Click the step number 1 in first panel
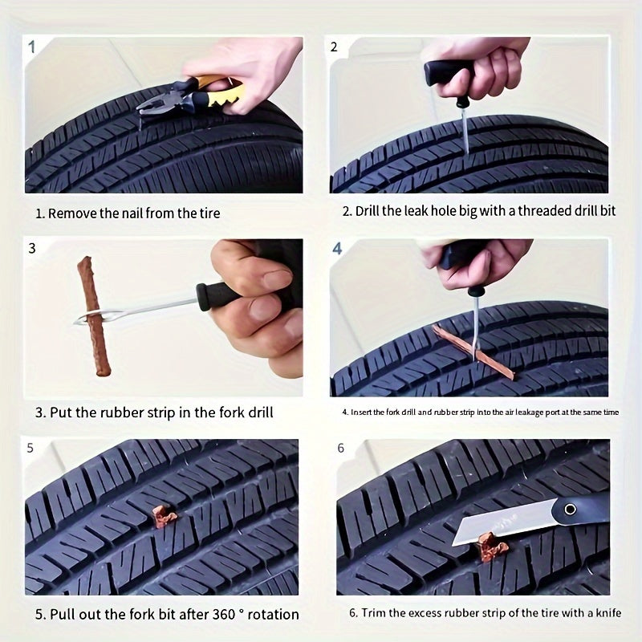(32, 47)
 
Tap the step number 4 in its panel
(337, 249)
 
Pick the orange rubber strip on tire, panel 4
(473, 350)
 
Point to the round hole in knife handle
(569, 509)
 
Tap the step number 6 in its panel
(340, 448)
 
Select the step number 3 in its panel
(32, 248)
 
